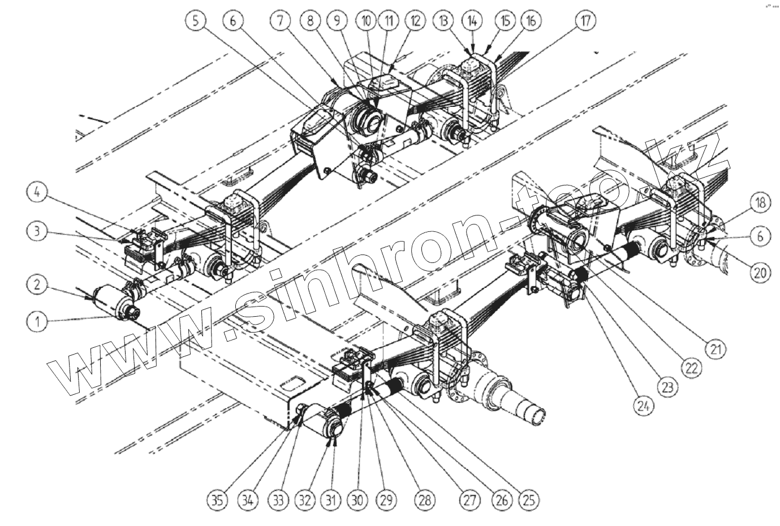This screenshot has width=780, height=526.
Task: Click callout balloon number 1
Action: coord(37,321)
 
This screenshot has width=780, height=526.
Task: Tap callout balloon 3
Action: coord(37,231)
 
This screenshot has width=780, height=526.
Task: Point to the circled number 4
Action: coord(37,193)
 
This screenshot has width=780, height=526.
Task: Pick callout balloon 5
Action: coord(195,21)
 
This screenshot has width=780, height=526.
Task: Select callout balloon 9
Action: coord(337,21)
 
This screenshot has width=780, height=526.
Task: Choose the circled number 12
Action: coord(416,21)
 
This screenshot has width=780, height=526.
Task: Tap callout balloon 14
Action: coord(472,21)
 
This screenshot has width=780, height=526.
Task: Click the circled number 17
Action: coord(585,21)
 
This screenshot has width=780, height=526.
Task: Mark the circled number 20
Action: coord(760,273)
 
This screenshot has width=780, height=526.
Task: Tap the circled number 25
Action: coord(528,499)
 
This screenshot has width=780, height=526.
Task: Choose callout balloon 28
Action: coord(425,499)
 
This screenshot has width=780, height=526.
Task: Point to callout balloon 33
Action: coord(277,499)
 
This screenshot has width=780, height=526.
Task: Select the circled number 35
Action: coord(217,499)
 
